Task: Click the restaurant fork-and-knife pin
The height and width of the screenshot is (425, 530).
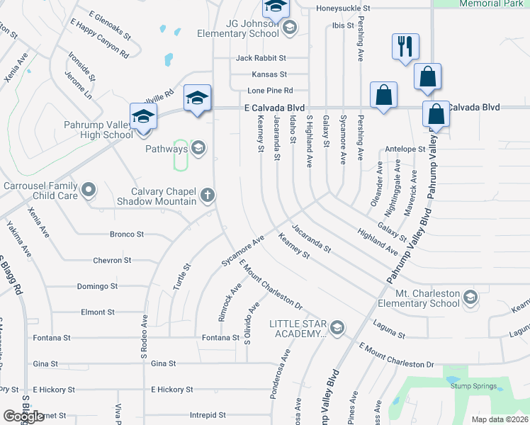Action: coord(405,47)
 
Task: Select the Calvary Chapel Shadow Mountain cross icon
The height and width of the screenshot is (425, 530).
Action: coord(208,195)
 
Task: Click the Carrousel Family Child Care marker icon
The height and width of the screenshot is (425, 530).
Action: coord(89,189)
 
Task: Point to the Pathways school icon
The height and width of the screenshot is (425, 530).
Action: coord(198,148)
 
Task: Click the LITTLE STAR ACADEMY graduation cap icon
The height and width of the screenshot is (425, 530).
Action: coord(337,327)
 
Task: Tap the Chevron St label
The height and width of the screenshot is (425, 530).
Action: coord(112,261)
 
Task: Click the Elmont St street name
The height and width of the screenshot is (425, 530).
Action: coord(98,312)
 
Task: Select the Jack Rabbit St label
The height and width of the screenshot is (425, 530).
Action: coord(261,57)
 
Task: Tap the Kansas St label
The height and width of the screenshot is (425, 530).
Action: coord(269,74)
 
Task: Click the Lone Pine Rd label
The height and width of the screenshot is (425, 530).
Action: coord(270,91)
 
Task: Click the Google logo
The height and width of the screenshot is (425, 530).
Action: coord(23,416)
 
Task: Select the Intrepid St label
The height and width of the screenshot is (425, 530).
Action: coord(208,415)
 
